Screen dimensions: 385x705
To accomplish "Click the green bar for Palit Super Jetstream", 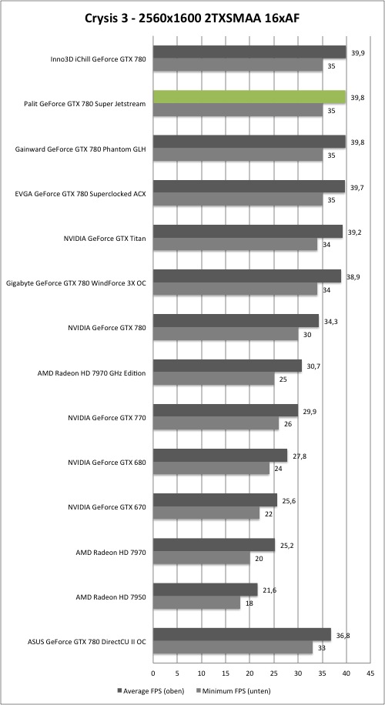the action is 249,97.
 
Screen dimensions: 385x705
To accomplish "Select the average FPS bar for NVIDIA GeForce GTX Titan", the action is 248,232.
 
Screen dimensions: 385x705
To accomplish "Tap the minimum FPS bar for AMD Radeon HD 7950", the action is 196,603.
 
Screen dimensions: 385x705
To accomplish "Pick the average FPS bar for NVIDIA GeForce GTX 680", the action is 220,456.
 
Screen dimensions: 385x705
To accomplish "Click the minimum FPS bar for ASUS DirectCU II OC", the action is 233,648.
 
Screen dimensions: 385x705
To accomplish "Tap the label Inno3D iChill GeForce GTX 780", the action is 98,59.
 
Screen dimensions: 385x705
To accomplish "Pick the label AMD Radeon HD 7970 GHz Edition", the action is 92,373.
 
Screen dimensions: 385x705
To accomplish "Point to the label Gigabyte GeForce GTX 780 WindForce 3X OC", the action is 76,283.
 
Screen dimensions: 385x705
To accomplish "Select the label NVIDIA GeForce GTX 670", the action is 107,508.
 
